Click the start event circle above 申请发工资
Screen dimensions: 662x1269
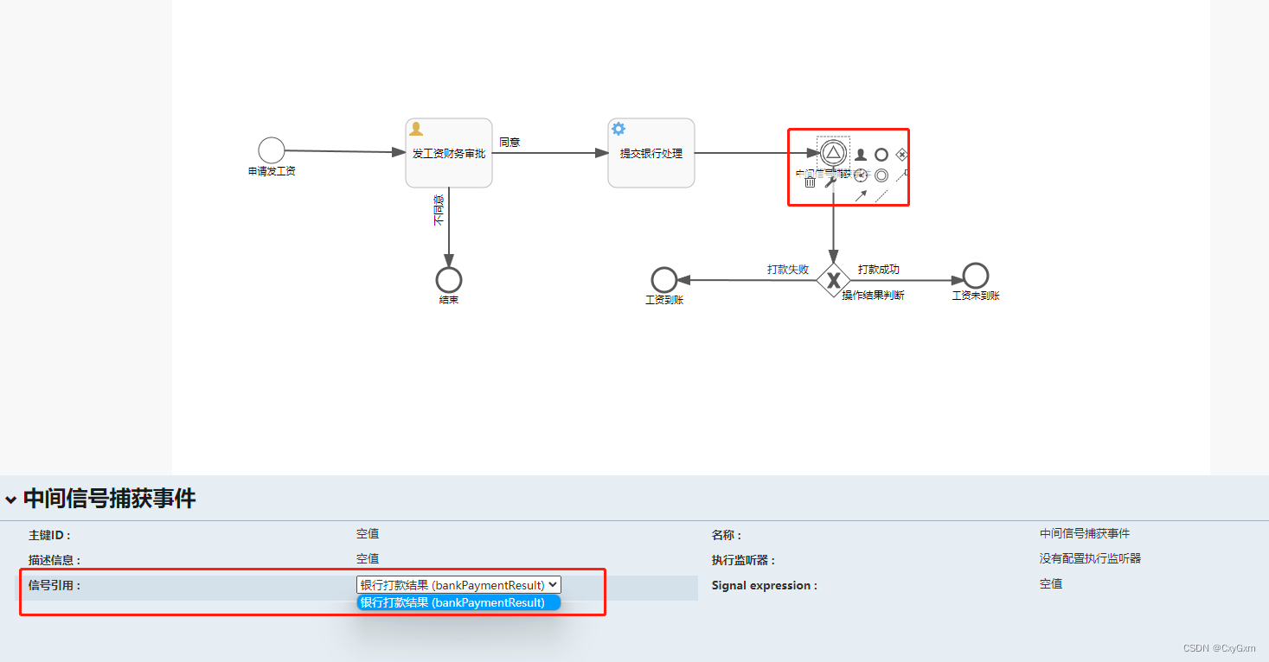[271, 150]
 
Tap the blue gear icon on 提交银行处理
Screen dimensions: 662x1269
[618, 129]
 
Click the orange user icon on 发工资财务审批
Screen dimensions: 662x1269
[416, 129]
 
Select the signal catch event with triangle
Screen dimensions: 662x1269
[833, 153]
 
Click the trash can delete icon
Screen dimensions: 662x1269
[810, 181]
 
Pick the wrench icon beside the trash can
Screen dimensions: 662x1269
[830, 181]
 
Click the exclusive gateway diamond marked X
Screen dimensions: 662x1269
[833, 280]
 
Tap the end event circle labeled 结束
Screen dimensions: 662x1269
[448, 280]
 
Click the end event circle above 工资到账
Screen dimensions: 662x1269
[663, 280]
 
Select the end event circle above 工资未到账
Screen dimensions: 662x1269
[975, 276]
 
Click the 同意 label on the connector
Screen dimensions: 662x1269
[510, 143]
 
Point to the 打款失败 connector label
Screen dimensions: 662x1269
[787, 270]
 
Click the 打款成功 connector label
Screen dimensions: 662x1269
[878, 270]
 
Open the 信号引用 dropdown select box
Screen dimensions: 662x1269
[458, 585]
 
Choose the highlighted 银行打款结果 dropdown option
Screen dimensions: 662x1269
[458, 602]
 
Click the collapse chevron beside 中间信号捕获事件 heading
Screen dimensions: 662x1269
[10, 500]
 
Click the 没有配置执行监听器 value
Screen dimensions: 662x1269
[1090, 558]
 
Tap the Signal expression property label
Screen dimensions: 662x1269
[764, 585]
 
